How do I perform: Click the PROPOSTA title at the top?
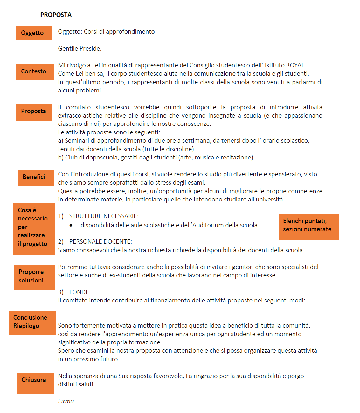pos(56,15)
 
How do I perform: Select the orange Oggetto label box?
pos(34,33)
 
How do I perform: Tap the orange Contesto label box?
pos(35,72)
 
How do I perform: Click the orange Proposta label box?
pos(34,112)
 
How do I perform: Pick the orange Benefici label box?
pos(36,177)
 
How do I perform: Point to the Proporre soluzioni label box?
pos(34,277)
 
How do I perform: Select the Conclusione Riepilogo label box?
pos(32,322)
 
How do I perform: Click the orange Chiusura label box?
pos(36,383)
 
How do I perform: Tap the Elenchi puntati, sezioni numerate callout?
pos(309,227)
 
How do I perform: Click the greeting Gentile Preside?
pos(80,48)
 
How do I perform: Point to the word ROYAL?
pos(295,65)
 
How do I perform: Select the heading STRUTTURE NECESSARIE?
pos(104,216)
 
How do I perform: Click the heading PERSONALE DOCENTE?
pos(100,241)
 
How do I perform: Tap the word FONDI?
pos(78,292)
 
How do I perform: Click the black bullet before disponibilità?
pos(71,225)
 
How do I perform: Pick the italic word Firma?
pos(66,401)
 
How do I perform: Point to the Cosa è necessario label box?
pos(34,229)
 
